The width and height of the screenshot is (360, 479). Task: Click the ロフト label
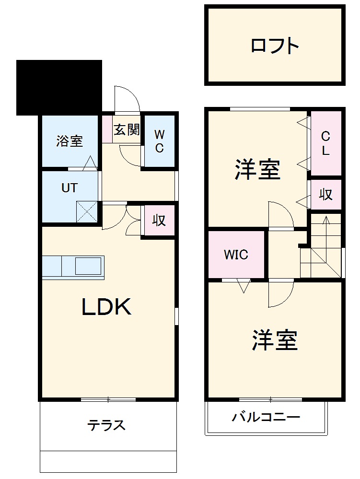[x=275, y=46]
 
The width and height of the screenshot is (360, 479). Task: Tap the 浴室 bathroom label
[x=70, y=141]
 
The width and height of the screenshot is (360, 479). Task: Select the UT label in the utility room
[x=69, y=188]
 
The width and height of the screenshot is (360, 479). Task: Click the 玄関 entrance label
[x=127, y=130]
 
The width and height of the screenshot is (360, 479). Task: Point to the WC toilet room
[x=159, y=141]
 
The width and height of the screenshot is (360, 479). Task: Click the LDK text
[x=106, y=307]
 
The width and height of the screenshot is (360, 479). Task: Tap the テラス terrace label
[x=106, y=425]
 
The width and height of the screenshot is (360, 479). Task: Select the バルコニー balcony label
[x=266, y=417]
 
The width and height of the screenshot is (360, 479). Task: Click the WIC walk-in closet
[x=236, y=255]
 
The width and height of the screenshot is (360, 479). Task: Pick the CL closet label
[x=325, y=143]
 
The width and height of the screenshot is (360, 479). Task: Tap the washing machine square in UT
[x=87, y=211]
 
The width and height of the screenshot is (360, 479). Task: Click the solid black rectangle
[x=59, y=87]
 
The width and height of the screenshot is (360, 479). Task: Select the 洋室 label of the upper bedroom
[x=257, y=170]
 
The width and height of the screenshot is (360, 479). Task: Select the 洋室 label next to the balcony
[x=275, y=340]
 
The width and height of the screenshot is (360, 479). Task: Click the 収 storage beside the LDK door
[x=159, y=220]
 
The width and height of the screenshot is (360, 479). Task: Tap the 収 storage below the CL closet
[x=326, y=195]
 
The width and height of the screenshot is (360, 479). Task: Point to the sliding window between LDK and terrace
[x=108, y=399]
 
